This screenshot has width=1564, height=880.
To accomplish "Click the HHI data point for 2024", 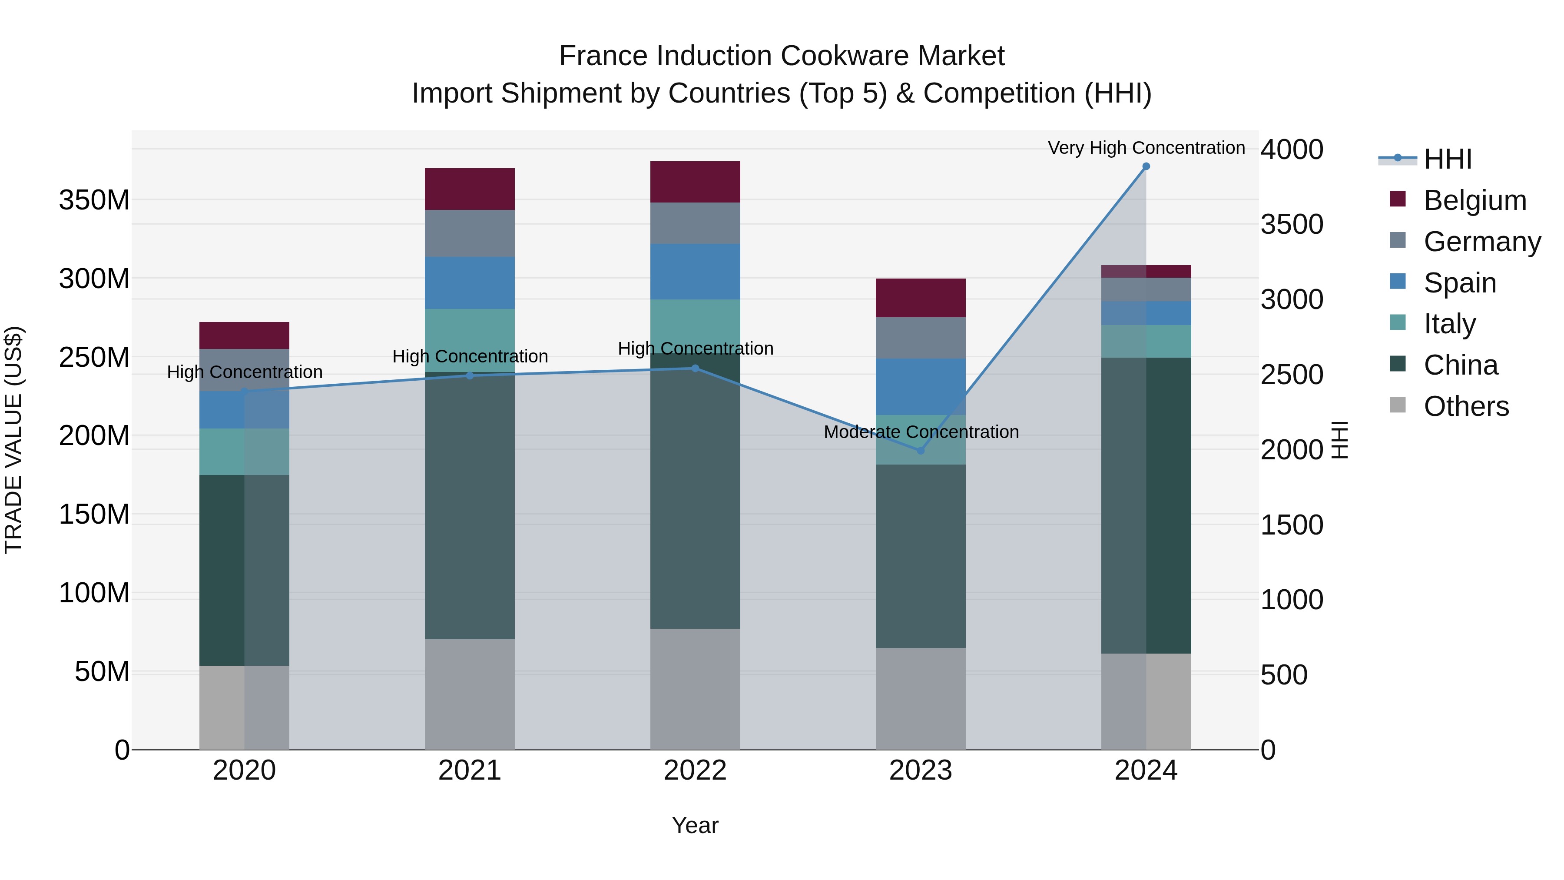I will tap(1146, 166).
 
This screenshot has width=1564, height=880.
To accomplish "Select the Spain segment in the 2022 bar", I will tap(695, 272).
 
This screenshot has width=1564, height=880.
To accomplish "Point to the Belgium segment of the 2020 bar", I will tap(244, 335).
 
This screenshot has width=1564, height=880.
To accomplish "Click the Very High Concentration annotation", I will tap(1146, 148).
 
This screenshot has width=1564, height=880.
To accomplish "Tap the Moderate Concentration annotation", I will tap(921, 432).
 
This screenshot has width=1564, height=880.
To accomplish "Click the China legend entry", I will tap(1460, 365).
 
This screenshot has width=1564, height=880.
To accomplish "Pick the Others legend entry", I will tap(1466, 406).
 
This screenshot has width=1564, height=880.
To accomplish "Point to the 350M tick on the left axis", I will tap(94, 200).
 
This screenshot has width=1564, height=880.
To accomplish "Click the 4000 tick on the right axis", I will tap(1292, 149).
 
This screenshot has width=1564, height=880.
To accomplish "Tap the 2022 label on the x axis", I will tap(695, 770).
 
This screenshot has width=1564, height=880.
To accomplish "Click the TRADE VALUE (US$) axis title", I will tap(13, 440).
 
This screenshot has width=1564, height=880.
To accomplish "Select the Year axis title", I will tap(695, 825).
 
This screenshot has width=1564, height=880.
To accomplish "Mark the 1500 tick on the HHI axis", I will tap(1292, 525).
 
